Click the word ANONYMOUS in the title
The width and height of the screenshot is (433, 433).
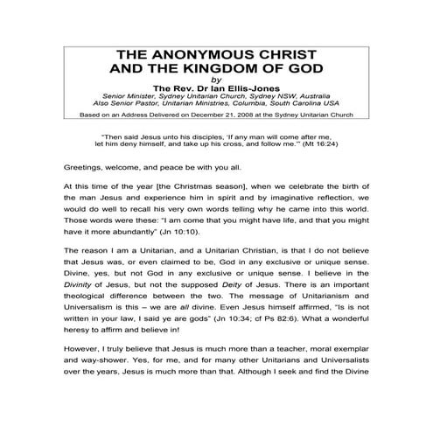[199, 52]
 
